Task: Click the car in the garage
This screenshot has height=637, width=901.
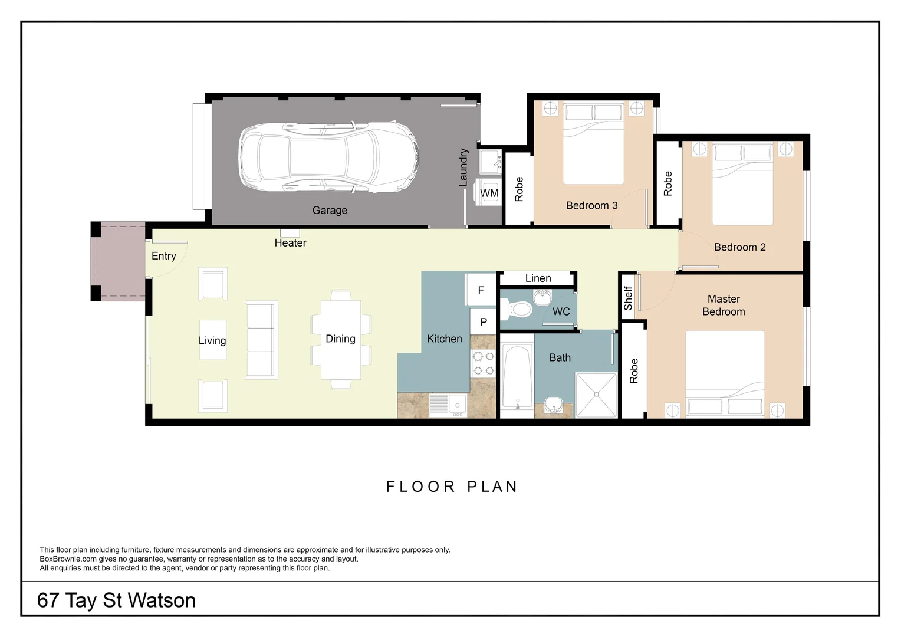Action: (x=329, y=156)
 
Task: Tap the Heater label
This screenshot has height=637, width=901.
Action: (x=291, y=242)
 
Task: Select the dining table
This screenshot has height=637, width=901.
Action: (x=341, y=340)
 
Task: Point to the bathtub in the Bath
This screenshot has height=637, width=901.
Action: (x=517, y=376)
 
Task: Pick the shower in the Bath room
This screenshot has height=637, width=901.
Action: (x=596, y=395)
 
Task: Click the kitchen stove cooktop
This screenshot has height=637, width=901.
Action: (x=483, y=363)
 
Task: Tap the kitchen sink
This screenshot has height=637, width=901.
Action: (x=448, y=405)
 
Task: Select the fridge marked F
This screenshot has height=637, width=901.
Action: (x=481, y=290)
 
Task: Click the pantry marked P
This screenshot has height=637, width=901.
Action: (x=483, y=321)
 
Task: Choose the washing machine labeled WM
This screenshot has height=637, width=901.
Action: (x=488, y=192)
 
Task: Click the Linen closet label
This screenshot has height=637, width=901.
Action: (x=538, y=278)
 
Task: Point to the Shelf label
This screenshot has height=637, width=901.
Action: (x=628, y=298)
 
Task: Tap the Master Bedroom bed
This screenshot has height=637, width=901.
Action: (x=725, y=373)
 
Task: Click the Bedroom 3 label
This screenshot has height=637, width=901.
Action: (x=591, y=206)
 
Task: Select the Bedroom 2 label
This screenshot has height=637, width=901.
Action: (x=739, y=247)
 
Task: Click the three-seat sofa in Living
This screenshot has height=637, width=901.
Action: (x=261, y=340)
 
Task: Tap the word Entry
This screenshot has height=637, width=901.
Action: (x=164, y=256)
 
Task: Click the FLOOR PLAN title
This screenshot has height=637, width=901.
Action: (x=452, y=487)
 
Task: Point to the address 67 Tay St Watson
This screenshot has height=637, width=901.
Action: (x=116, y=600)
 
